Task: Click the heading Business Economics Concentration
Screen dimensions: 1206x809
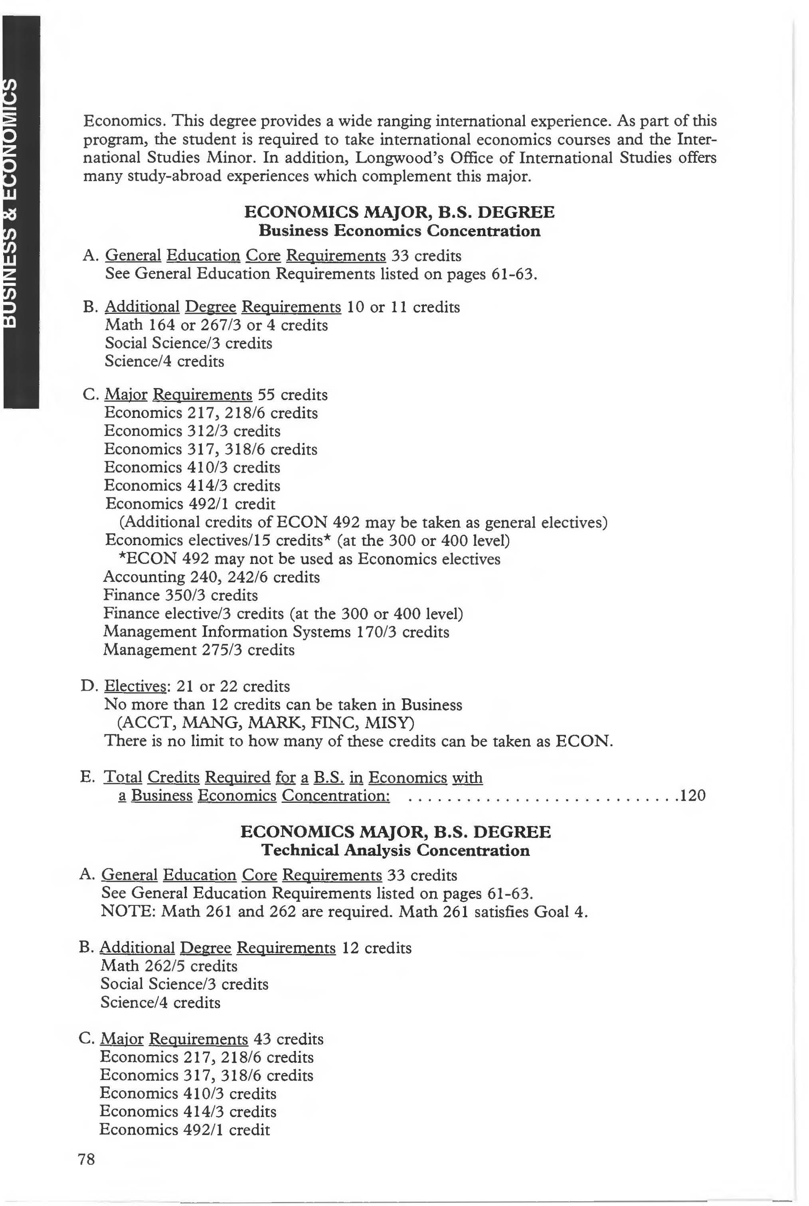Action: tap(400, 231)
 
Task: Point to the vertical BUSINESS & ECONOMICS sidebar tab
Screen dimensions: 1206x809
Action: tap(21, 211)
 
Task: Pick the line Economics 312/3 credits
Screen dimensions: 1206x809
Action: tap(192, 431)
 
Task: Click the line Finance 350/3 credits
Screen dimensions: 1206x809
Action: tap(180, 595)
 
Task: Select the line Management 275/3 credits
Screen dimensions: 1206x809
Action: tap(199, 650)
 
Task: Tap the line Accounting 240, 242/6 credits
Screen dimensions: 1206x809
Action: tap(212, 577)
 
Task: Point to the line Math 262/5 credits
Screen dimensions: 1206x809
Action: tap(169, 966)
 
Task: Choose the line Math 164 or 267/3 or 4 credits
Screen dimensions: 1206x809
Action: tap(216, 325)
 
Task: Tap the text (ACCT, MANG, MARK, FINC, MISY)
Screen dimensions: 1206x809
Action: tap(266, 723)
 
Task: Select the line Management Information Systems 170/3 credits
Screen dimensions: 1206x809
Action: tap(276, 632)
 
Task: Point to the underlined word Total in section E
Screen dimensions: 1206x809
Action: tap(123, 778)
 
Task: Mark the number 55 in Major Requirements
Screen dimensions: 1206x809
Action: tap(266, 395)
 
